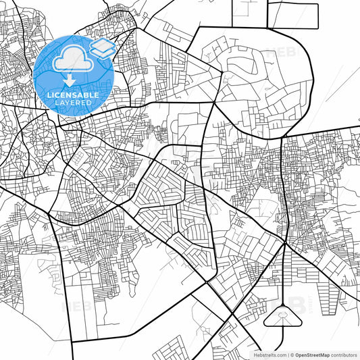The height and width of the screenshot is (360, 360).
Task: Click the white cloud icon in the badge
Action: tap(72, 59)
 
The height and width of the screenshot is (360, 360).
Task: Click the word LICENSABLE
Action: tap(74, 95)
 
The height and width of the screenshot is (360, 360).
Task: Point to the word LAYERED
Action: tap(74, 103)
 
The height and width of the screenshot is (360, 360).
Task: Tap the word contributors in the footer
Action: tap(340, 354)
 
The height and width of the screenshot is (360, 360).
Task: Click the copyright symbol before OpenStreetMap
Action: tap(292, 354)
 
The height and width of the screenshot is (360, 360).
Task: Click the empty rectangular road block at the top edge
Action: tap(293, 16)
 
